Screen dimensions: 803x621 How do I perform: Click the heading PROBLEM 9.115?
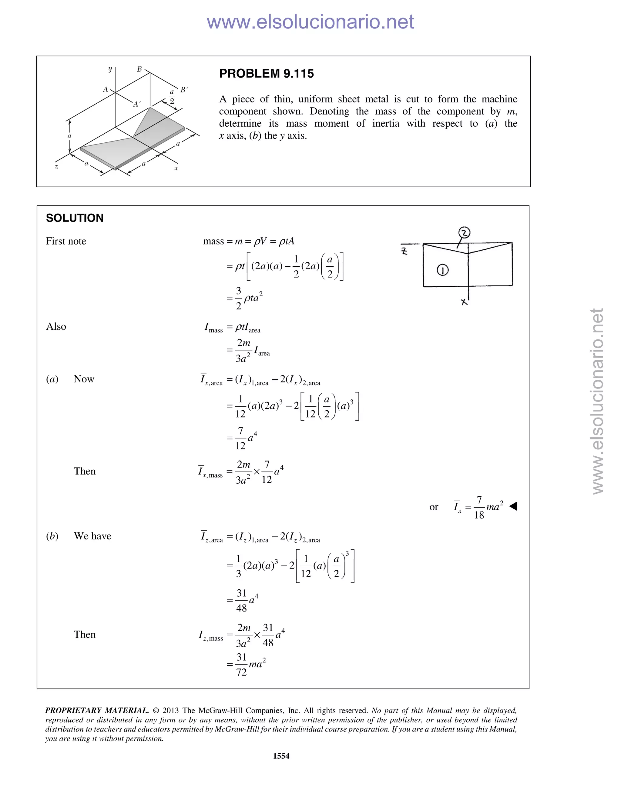point(266,74)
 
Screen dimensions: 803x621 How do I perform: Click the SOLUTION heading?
point(75,218)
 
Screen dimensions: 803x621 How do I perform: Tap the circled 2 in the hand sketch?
point(465,233)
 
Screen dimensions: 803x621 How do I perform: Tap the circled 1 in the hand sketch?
point(443,271)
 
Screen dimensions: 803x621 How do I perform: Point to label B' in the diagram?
point(184,90)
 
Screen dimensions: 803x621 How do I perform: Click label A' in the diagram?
point(137,104)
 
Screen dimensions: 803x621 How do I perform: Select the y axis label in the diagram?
point(110,69)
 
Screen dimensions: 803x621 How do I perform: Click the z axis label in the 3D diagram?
point(56,167)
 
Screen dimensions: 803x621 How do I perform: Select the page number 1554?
point(281,756)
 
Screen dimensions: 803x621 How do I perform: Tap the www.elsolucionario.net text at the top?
point(310,22)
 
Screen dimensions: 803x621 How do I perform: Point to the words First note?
point(66,241)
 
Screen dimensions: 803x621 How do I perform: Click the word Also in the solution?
point(56,326)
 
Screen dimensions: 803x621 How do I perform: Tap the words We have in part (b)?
point(92,536)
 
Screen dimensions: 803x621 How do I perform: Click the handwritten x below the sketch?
point(464,302)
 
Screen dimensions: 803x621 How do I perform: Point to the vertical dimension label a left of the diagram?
point(69,136)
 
